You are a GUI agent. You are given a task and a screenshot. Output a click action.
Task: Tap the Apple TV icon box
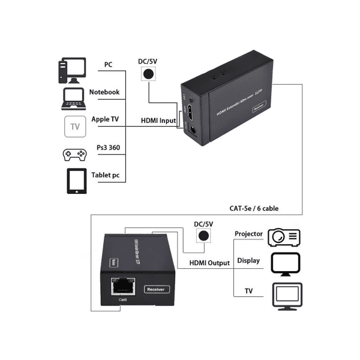pyautogui.click(x=75, y=126)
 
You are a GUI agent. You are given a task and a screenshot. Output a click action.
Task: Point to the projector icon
pyautogui.click(x=284, y=236)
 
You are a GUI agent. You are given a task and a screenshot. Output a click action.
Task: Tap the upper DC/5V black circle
pyautogui.click(x=148, y=73)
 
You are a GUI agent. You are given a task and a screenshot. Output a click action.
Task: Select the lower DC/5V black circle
pyautogui.click(x=205, y=236)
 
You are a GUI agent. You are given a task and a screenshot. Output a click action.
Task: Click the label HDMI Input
pyautogui.click(x=158, y=120)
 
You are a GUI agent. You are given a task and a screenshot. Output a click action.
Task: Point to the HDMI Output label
pyautogui.click(x=209, y=263)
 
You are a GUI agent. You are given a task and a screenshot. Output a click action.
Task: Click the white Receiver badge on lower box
pyautogui.click(x=158, y=289)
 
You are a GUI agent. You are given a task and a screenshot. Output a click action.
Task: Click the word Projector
pyautogui.click(x=249, y=234)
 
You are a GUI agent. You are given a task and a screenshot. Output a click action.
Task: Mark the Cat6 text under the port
pyautogui.click(x=123, y=300)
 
